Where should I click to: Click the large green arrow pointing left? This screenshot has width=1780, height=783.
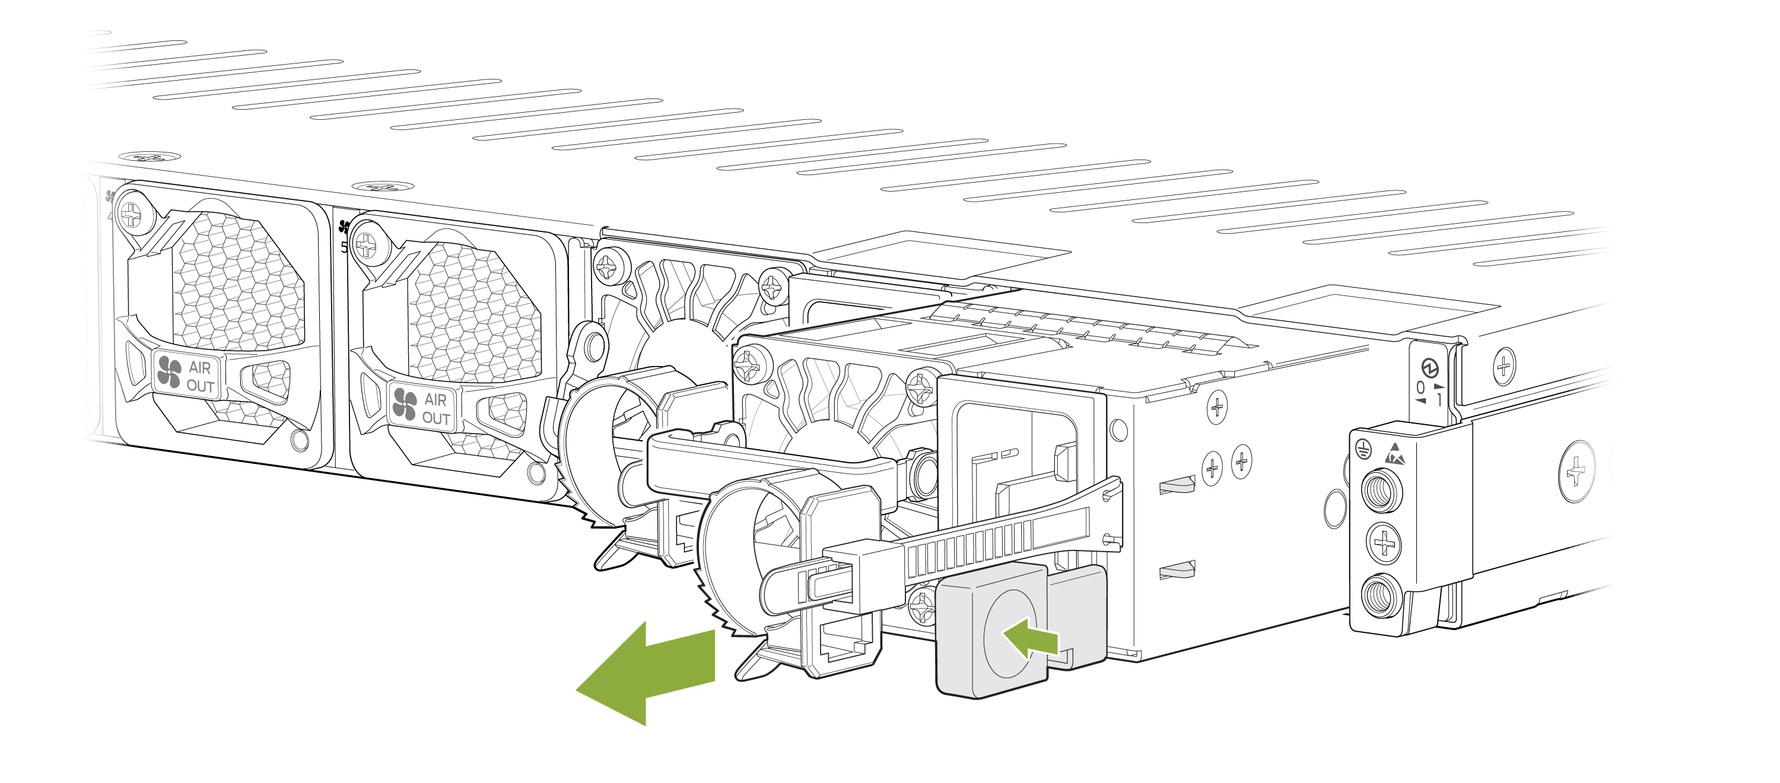(645, 674)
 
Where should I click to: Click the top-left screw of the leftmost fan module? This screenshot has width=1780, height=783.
(130, 215)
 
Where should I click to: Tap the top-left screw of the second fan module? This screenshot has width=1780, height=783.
(365, 244)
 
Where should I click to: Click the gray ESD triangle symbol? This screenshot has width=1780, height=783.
(1394, 454)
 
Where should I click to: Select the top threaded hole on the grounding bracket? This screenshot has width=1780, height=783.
(1381, 491)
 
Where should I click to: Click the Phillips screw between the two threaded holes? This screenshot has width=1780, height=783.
(1384, 543)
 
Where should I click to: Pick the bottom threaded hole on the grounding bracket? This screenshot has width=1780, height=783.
(1381, 595)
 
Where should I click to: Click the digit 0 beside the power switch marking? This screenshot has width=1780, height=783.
(1420, 388)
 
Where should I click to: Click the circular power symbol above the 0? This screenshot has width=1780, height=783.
(1430, 367)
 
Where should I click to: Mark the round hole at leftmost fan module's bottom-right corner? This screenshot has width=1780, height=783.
(300, 440)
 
